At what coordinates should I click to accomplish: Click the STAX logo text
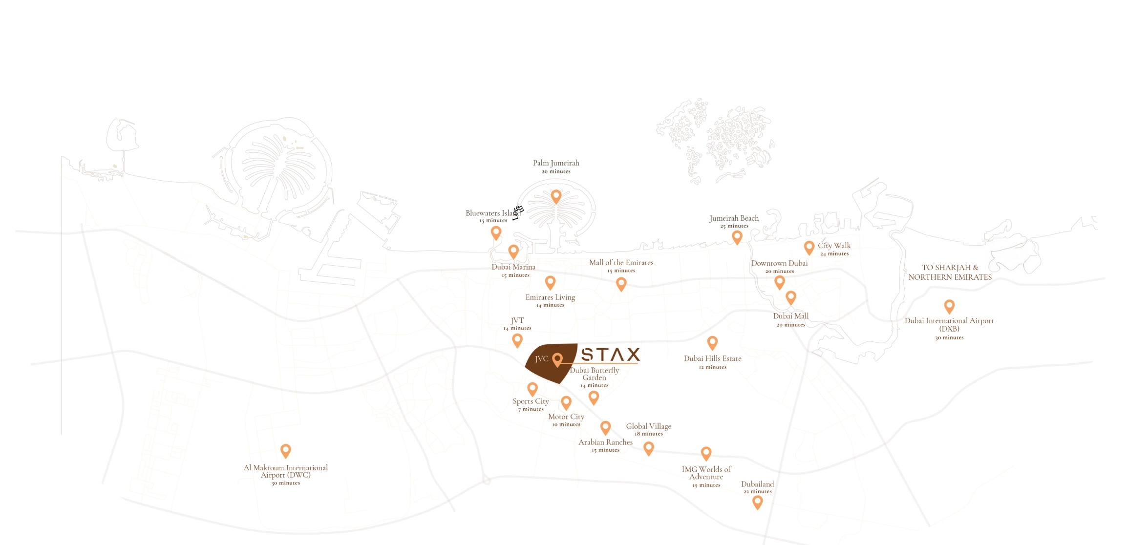click(610, 354)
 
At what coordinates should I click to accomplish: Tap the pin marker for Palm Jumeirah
click(556, 196)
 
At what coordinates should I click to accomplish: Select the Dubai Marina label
click(513, 267)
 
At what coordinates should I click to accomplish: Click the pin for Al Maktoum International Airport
click(286, 450)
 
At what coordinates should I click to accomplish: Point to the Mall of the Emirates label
click(621, 263)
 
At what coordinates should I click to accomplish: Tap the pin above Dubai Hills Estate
click(712, 342)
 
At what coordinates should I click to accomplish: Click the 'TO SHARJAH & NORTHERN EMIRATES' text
click(950, 272)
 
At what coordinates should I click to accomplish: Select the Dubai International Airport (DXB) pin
click(949, 306)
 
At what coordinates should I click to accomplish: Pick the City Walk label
click(834, 246)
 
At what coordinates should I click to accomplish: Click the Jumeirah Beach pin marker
click(737, 237)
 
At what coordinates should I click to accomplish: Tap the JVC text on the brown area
click(541, 359)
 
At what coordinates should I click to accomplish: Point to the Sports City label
click(531, 401)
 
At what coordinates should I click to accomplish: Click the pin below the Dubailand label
click(757, 502)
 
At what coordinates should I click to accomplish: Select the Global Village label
click(649, 426)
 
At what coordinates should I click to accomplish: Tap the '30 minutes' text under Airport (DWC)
click(286, 483)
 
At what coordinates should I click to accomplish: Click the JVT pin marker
click(517, 339)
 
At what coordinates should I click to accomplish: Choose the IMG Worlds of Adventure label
click(706, 473)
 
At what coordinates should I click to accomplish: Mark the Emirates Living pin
click(550, 282)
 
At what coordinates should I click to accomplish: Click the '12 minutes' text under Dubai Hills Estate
click(713, 367)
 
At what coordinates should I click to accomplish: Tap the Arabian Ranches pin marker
click(605, 427)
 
